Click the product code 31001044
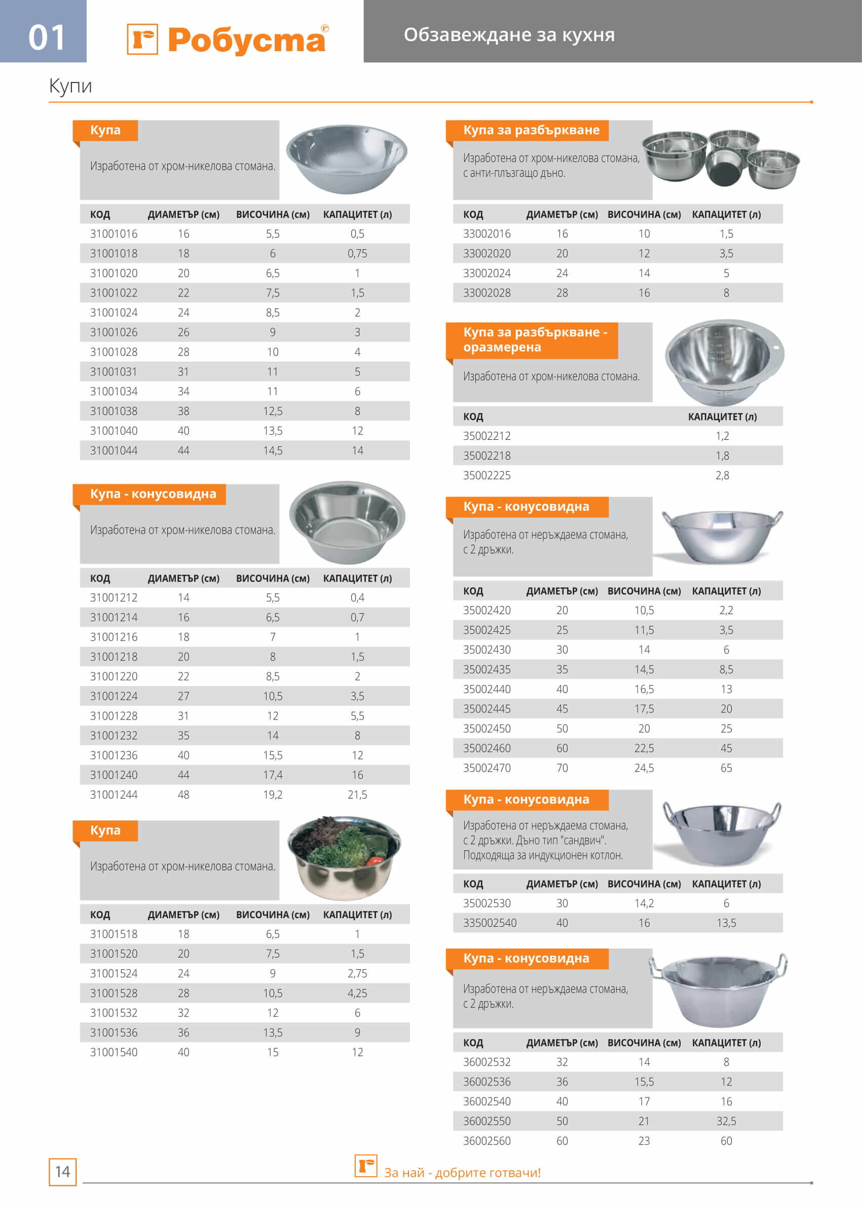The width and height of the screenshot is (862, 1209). point(114,450)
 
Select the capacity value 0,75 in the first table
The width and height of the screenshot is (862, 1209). point(357,254)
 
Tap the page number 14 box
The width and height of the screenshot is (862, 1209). point(63,1172)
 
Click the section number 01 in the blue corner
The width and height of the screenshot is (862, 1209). point(46,37)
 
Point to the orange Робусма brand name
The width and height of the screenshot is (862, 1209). point(246,40)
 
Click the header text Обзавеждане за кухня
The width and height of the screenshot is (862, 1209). point(509,35)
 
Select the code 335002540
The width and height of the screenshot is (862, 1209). point(490,923)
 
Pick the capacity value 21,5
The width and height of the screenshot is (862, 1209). point(357,795)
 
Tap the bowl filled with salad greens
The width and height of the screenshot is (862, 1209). point(345,858)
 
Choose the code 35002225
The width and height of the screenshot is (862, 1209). point(486,475)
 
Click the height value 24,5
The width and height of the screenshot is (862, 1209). point(644,768)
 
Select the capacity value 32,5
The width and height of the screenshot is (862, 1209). point(726,1121)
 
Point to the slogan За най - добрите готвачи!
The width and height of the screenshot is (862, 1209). point(462,1173)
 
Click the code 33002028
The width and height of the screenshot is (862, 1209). point(486,293)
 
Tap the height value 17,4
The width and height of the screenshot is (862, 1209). point(273,775)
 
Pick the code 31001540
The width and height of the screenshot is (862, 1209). point(114,1052)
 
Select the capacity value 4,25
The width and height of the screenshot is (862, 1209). point(357,993)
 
